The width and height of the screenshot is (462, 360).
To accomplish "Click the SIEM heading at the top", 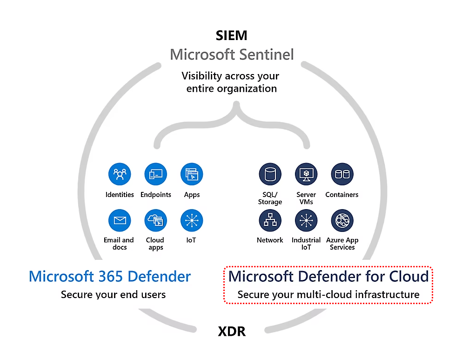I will coord(231,35).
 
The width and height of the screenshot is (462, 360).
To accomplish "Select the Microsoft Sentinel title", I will coord(232,54).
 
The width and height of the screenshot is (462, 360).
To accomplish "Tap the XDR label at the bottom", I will coord(231,332).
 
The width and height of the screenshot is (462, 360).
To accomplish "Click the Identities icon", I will coord(120,174).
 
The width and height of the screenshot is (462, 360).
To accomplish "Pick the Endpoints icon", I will coord(156,174).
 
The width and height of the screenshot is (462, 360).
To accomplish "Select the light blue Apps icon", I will coord(192,174).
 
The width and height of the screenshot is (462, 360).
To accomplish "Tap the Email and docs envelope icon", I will coord(120,220).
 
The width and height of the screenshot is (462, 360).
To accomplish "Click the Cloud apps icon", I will coord(156,220).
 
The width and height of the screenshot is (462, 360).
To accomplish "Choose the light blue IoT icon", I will coord(192,220).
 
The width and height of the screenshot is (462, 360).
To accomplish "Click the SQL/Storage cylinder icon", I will coord(270,174).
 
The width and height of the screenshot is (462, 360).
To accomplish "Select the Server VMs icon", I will coord(306,174).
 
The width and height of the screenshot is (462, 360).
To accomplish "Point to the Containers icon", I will coord(342,174).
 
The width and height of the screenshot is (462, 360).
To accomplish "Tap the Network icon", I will coord(270,220).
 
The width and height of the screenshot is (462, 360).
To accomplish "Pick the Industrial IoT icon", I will coord(306,220).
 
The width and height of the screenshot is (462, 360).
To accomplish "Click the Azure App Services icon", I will coord(342,220).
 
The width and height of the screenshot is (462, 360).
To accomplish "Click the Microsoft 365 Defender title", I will coord(110,276).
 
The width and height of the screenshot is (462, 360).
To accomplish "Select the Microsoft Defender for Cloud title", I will coord(328,276).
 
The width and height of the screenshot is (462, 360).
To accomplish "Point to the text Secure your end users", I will coord(113,294).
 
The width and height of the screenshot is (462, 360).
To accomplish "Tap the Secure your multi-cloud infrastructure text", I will coord(328,294).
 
